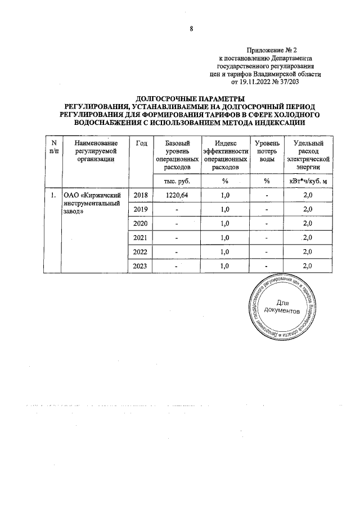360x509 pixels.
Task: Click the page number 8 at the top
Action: (191, 30)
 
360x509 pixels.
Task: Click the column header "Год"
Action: (141, 144)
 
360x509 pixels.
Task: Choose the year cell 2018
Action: (141, 195)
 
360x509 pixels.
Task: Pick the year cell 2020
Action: (141, 223)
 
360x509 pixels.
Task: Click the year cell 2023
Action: (141, 265)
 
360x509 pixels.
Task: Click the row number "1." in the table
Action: (52, 195)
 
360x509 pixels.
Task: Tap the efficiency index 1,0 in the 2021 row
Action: (225, 237)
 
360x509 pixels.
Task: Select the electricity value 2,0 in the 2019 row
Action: (308, 209)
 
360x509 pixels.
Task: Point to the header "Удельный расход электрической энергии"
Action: (308, 156)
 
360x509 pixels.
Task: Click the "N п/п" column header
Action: (53, 148)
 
